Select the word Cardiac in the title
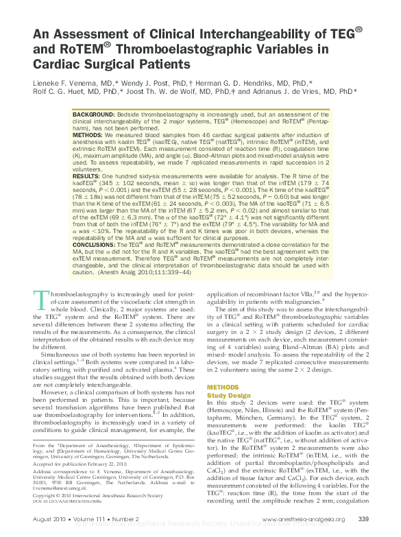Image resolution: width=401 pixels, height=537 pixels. tap(57, 64)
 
